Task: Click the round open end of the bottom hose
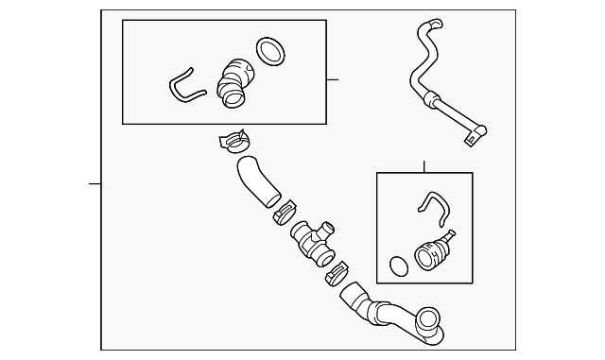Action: coord(430,323)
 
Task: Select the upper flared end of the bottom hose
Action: coord(354,295)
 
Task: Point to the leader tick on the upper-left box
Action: coord(333,79)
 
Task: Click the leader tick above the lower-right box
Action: coord(423,166)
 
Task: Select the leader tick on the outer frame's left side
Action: coord(95,183)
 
